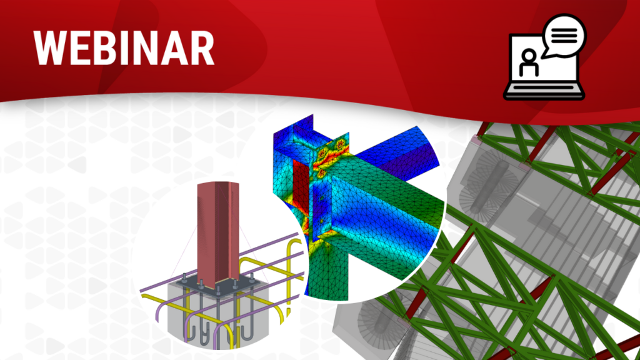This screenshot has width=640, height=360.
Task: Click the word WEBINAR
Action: pyautogui.click(x=124, y=48)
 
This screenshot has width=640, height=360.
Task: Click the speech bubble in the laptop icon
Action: pyautogui.click(x=564, y=36)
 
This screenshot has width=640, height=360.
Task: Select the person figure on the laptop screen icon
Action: pyautogui.click(x=529, y=62)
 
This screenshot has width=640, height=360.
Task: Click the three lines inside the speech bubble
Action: pyautogui.click(x=564, y=35)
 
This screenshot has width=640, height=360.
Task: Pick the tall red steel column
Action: pyautogui.click(x=218, y=232)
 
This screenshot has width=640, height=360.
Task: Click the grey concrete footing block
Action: pyautogui.click(x=217, y=314)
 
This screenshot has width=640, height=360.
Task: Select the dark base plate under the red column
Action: pyautogui.click(x=217, y=286)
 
